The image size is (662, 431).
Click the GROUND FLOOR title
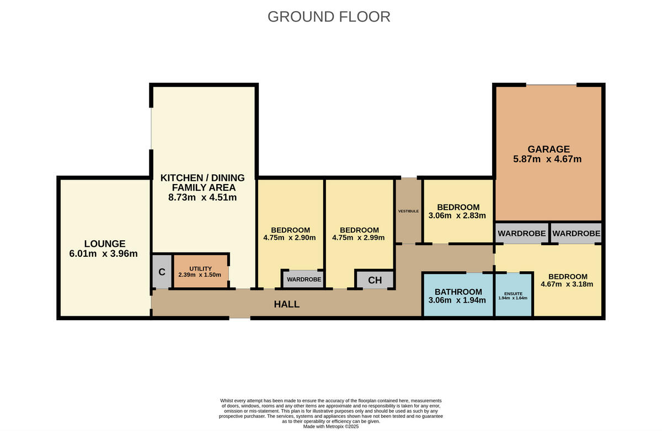click(329, 17)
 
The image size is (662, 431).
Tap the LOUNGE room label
click(105, 244)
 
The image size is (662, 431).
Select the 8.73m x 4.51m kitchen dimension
click(202, 197)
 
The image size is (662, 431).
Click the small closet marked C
click(162, 272)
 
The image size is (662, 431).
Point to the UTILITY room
click(201, 271)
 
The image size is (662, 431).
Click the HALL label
click(287, 304)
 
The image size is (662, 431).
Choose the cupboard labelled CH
click(375, 280)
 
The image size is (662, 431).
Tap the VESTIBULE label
click(408, 212)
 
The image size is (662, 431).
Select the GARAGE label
click(548, 149)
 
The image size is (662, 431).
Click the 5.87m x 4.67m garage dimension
click(547, 159)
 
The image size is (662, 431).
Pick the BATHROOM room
click(458, 295)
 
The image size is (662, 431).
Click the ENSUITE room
click(514, 295)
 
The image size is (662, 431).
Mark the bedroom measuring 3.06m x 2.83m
click(458, 212)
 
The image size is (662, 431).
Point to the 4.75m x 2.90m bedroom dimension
click(289, 238)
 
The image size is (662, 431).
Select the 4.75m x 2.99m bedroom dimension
click(358, 238)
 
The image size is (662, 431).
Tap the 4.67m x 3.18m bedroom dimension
click(567, 284)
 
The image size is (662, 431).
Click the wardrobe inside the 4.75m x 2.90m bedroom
click(303, 279)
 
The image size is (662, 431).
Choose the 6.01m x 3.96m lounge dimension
click(104, 254)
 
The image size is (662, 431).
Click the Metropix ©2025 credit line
click(331, 427)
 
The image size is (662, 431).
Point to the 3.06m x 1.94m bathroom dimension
click(457, 300)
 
